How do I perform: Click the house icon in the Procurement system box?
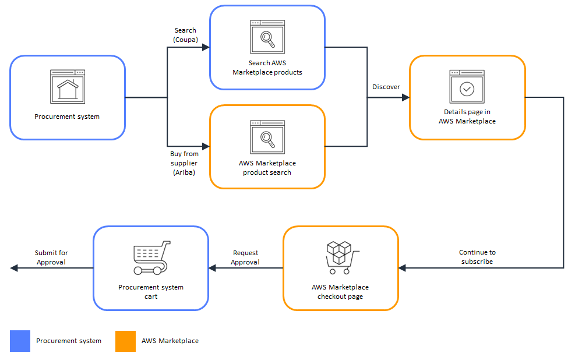[x=68, y=87]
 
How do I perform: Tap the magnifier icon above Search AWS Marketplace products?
[x=267, y=38]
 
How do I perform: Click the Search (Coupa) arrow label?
[x=185, y=35]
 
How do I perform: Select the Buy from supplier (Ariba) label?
[x=184, y=163]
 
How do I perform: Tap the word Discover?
[x=386, y=87]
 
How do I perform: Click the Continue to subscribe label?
[x=477, y=257]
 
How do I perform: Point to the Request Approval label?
[x=245, y=257]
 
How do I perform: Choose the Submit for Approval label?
[x=51, y=257]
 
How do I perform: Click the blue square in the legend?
[x=20, y=341]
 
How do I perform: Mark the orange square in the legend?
[x=125, y=341]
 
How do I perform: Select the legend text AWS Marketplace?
[x=170, y=341]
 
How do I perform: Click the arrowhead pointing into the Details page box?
[x=405, y=98]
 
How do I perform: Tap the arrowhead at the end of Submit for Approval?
[x=14, y=268]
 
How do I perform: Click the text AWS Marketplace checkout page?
[x=340, y=292]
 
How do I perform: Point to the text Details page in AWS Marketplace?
[x=467, y=117]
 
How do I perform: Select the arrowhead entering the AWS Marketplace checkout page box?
[x=403, y=268]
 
